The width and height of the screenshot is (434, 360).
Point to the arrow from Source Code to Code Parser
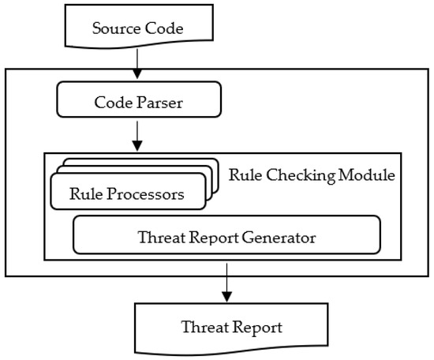(137, 64)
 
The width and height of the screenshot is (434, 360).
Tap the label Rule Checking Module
(311, 174)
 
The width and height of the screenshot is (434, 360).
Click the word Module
(368, 174)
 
